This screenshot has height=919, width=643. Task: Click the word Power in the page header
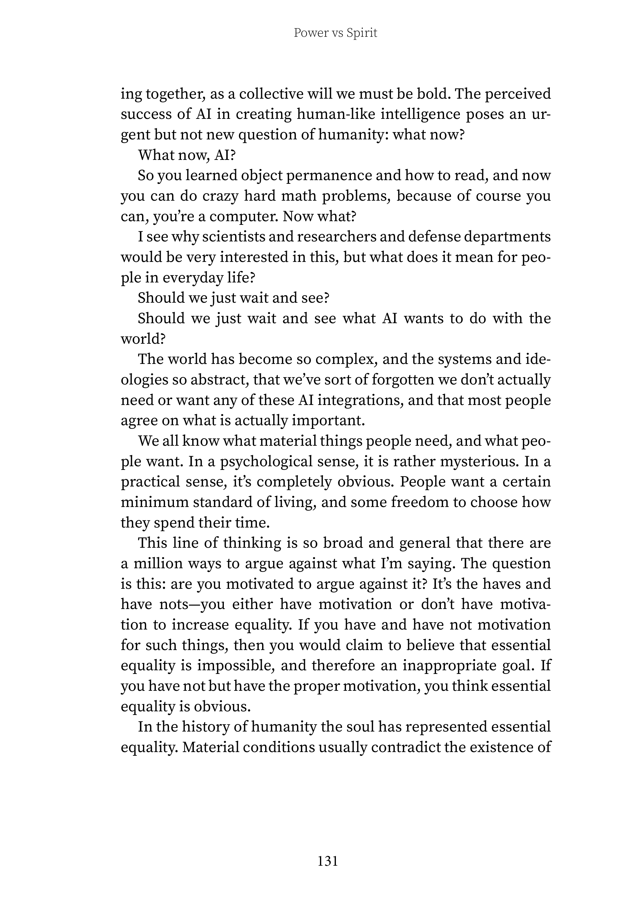pyautogui.click(x=309, y=33)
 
